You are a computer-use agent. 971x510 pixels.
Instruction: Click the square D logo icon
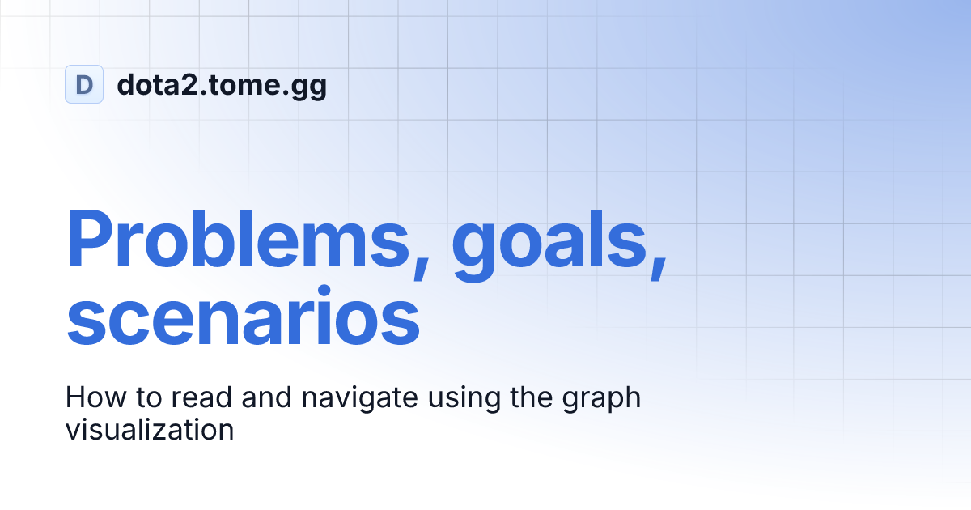coord(84,84)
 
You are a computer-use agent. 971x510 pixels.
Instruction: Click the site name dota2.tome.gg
coord(222,85)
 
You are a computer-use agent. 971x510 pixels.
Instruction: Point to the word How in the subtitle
coord(89,397)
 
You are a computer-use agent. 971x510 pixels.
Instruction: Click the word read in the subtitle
coord(184,397)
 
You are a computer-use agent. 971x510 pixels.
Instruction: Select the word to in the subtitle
coord(134,397)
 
